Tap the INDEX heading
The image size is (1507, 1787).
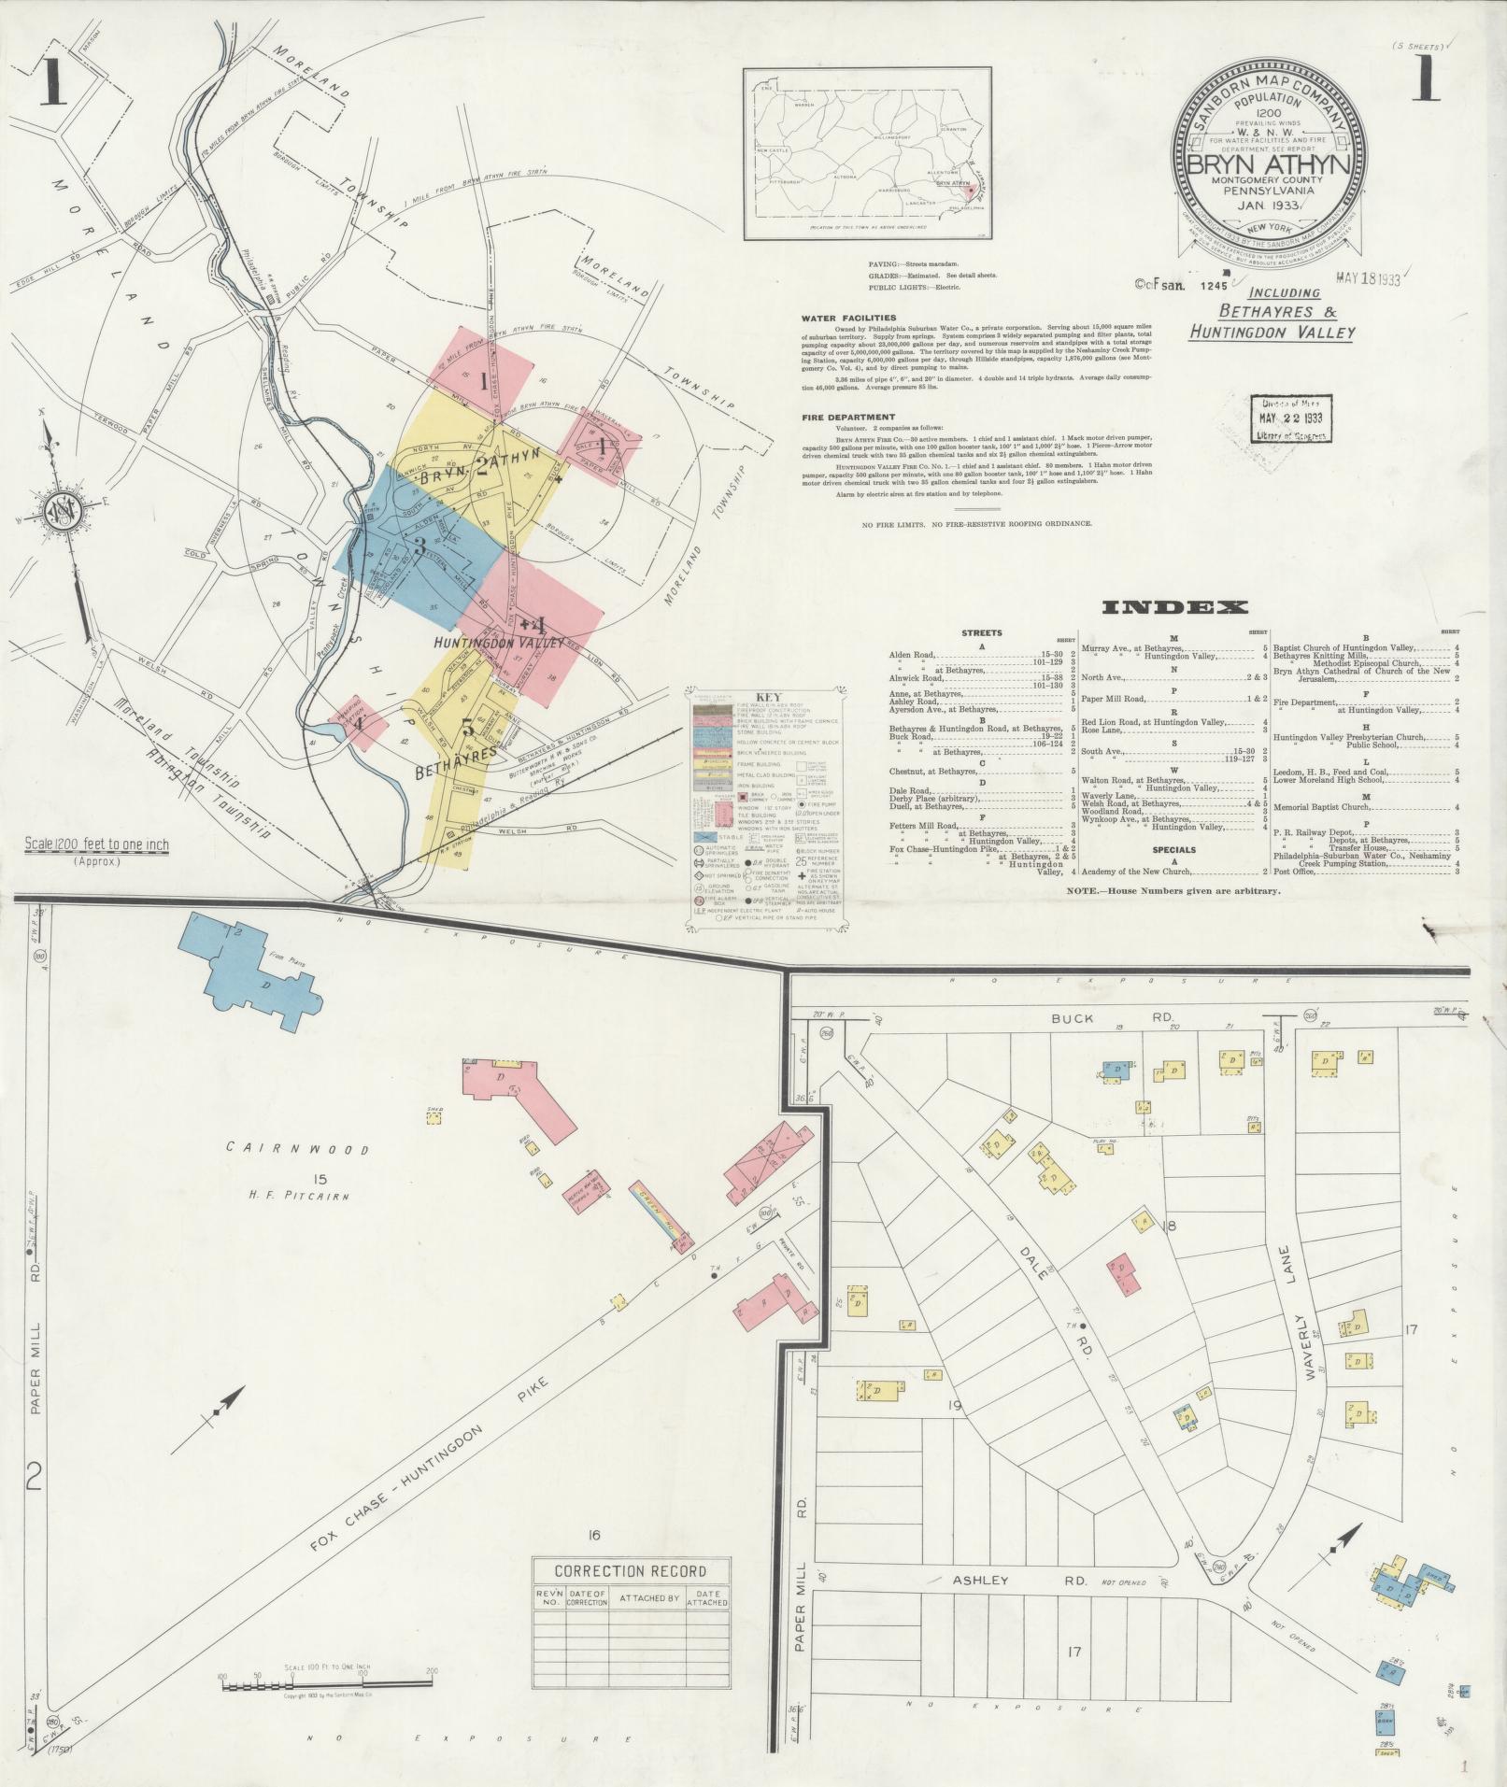click(x=1175, y=608)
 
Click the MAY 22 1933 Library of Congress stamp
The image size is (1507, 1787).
click(x=1292, y=417)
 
